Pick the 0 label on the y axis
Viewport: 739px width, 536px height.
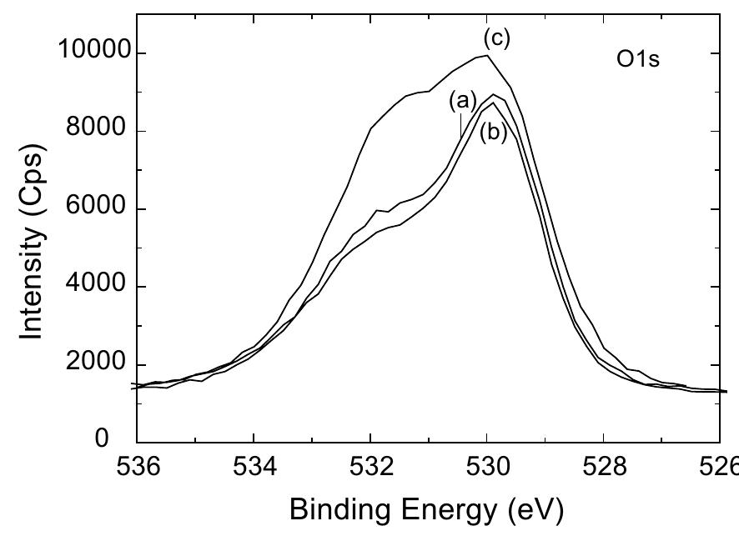[x=102, y=439]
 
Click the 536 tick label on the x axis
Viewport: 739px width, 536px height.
[x=137, y=469]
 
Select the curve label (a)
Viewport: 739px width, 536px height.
[x=462, y=100]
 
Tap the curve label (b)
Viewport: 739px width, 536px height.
[x=493, y=132]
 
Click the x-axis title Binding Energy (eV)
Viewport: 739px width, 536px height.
[x=426, y=508]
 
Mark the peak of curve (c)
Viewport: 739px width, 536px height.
[x=486, y=56]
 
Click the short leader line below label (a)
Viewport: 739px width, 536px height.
[x=460, y=125]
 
